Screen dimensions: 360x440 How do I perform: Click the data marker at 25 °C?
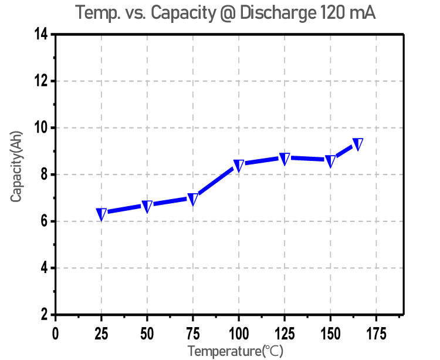[x=101, y=214]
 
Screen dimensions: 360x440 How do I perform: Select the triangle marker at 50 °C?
[x=147, y=206]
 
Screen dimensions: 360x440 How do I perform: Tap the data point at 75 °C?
[x=193, y=200]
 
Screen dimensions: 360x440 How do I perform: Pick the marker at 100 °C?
[x=239, y=165]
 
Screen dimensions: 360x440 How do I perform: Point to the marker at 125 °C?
[x=285, y=159]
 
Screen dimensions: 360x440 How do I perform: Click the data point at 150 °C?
[x=330, y=161]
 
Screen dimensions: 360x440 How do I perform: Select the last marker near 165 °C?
[x=357, y=144]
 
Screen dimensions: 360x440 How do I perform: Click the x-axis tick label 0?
[x=56, y=334]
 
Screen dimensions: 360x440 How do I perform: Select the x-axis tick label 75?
[x=193, y=334]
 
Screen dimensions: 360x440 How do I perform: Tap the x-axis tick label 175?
[x=376, y=334]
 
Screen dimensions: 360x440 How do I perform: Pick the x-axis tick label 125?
[x=285, y=334]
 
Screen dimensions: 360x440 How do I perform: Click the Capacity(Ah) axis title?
[x=16, y=174]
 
